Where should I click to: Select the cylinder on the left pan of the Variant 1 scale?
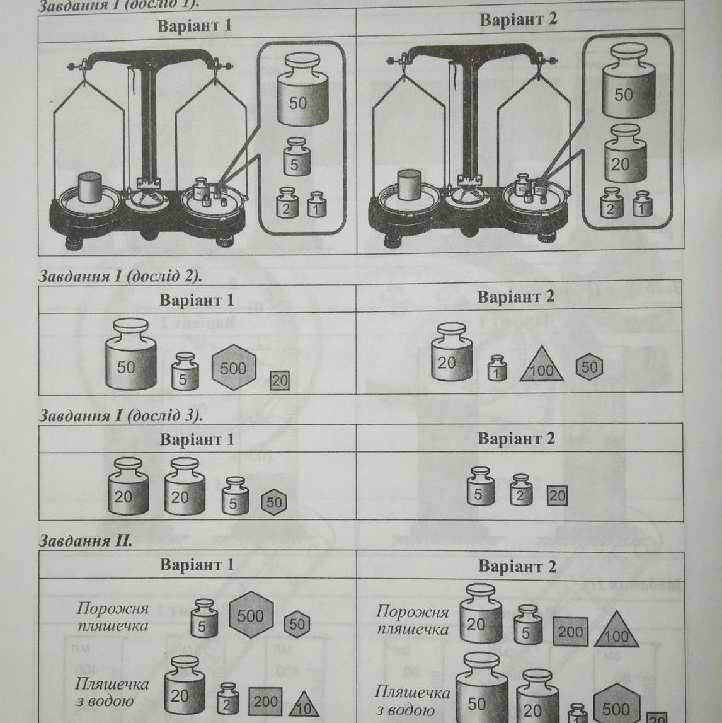(89, 186)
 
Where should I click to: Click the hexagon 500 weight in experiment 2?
(234, 367)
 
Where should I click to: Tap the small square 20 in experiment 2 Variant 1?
(279, 380)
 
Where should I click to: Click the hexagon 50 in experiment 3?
(274, 502)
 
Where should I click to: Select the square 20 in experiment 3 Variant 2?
(557, 495)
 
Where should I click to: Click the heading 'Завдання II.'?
(86, 540)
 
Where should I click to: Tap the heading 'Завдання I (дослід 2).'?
(120, 275)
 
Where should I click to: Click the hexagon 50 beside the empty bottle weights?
(297, 623)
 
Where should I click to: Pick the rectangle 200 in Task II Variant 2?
(570, 632)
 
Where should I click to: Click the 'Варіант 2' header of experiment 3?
(516, 438)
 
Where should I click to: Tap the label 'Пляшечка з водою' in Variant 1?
(112, 692)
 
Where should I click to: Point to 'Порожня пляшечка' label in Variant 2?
(413, 620)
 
